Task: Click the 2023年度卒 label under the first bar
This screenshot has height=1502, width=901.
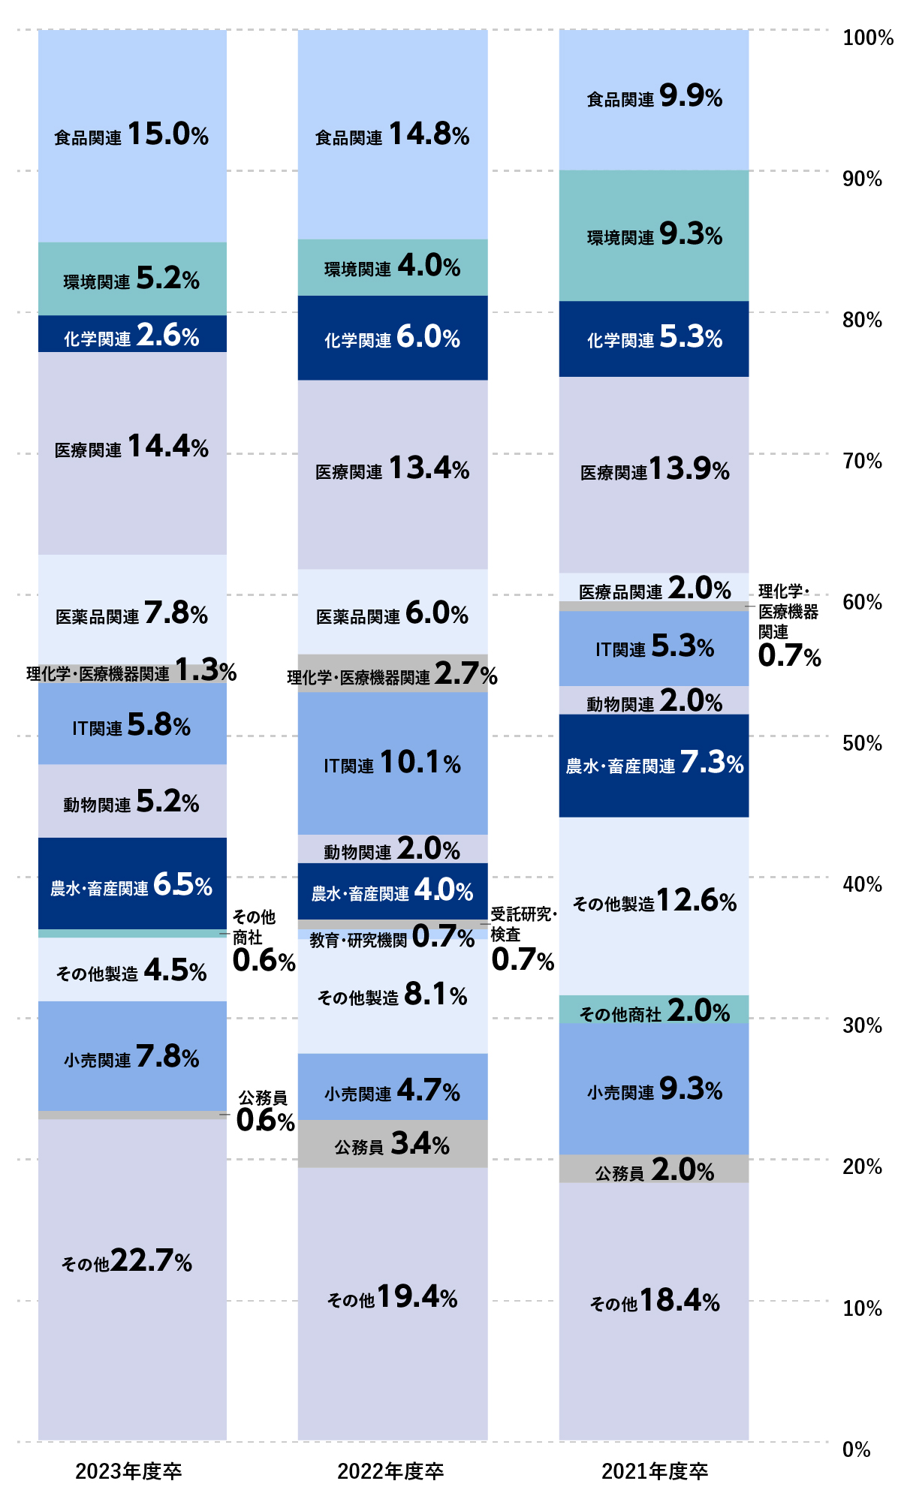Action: (128, 1471)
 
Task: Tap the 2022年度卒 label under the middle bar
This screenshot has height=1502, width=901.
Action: (390, 1471)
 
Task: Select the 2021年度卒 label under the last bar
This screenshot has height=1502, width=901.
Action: (655, 1471)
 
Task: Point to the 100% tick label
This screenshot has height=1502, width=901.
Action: (867, 38)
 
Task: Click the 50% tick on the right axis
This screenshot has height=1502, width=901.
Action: (862, 743)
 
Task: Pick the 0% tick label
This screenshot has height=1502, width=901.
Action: (856, 1449)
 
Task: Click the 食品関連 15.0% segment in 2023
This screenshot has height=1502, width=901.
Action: (132, 136)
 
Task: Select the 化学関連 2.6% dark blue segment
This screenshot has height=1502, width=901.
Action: (132, 335)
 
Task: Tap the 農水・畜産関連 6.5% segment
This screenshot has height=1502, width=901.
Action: (132, 884)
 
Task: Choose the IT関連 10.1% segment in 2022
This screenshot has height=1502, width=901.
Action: (392, 763)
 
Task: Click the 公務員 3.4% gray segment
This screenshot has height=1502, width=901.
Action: (392, 1144)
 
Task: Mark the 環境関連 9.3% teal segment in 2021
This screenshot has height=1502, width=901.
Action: (654, 236)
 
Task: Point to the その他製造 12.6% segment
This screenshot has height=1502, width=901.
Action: (654, 901)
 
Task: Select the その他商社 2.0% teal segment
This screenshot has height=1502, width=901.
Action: (654, 1010)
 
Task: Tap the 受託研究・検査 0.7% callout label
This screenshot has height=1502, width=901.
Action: (523, 938)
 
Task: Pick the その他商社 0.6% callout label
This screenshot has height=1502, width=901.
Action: (263, 941)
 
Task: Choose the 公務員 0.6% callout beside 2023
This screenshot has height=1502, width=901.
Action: (264, 1111)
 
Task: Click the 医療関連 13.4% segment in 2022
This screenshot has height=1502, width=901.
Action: (392, 470)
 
